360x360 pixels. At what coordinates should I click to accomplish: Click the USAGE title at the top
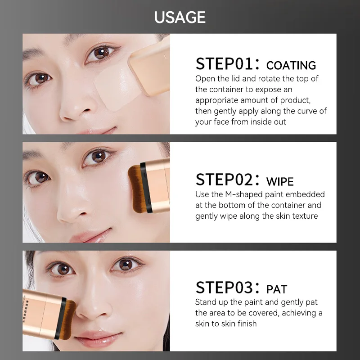pyautogui.click(x=180, y=17)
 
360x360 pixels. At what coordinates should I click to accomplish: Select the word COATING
pyautogui.click(x=291, y=66)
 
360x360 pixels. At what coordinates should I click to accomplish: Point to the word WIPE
pyautogui.click(x=280, y=182)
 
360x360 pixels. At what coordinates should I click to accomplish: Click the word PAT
pyautogui.click(x=277, y=289)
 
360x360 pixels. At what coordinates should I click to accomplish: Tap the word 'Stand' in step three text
pyautogui.click(x=206, y=302)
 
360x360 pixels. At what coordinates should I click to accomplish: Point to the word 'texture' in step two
pyautogui.click(x=302, y=216)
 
